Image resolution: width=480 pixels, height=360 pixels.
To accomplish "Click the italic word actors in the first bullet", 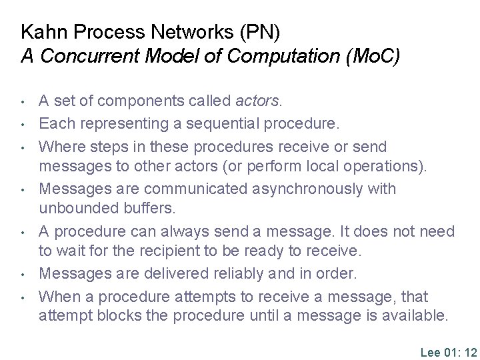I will point(259,101).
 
